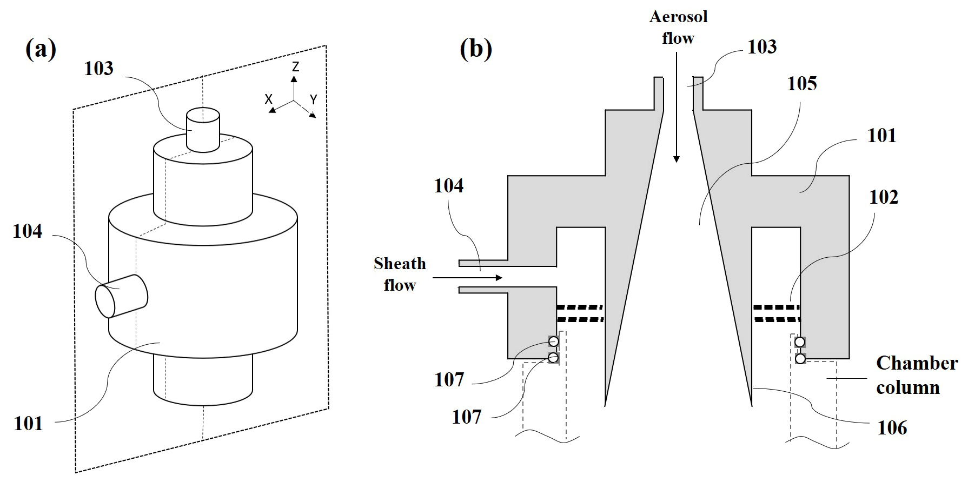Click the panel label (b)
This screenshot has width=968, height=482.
[x=476, y=49]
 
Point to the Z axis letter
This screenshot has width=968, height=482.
[x=295, y=66]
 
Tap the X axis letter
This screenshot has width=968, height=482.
[x=268, y=99]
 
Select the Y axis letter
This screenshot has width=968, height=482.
[x=313, y=99]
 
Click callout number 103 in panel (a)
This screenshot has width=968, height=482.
[x=98, y=69]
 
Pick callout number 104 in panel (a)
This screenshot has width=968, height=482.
[x=28, y=231]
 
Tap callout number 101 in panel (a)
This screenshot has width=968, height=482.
[x=28, y=423]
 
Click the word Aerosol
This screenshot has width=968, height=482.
[x=678, y=17]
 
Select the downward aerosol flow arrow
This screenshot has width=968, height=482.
[x=677, y=119]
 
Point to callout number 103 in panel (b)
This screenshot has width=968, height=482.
[x=762, y=47]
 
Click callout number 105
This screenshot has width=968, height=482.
[x=801, y=84]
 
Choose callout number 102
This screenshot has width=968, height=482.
[x=884, y=197]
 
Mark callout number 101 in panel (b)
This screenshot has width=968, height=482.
[x=881, y=135]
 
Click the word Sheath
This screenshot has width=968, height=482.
[x=400, y=264]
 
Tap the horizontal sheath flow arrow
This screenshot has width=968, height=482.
[x=467, y=278]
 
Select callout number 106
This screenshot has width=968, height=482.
[x=892, y=428]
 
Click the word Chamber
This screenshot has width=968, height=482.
[x=917, y=363]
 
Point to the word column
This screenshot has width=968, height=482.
[x=908, y=387]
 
